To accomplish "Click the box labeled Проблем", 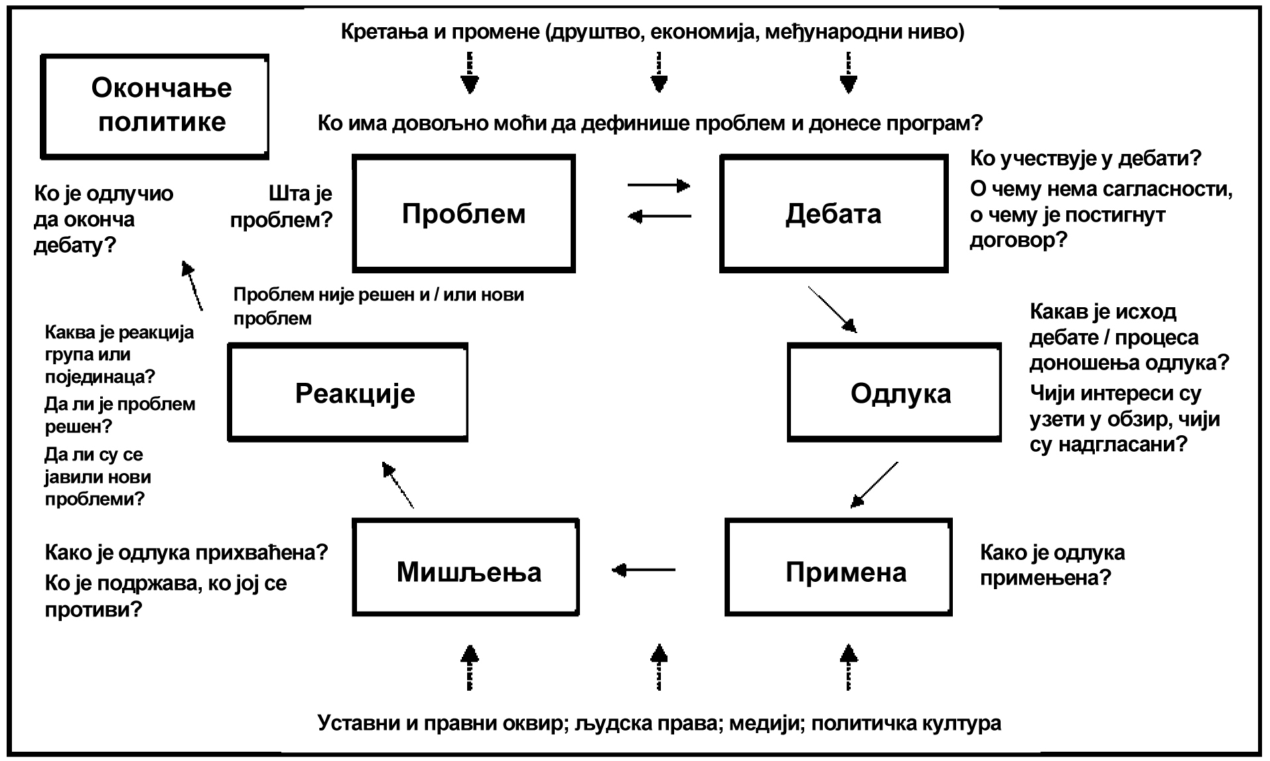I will [x=463, y=214].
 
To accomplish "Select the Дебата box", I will [x=833, y=214].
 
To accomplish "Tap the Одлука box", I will [x=894, y=393].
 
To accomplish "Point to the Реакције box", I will [x=348, y=393].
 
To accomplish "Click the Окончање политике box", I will [x=155, y=106].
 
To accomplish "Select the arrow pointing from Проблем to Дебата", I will [x=659, y=185].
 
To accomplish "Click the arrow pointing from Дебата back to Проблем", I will [x=659, y=216].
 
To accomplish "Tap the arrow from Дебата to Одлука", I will [x=832, y=309].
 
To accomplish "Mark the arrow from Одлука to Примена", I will [x=875, y=484].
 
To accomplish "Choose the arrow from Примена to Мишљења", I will [x=644, y=569].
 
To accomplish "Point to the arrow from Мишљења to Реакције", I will [x=398, y=485].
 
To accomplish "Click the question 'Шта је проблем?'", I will [x=281, y=206].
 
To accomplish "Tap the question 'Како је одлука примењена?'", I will [x=1052, y=565].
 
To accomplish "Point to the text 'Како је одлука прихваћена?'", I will [x=186, y=552].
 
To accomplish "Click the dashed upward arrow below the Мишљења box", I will [x=469, y=667].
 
